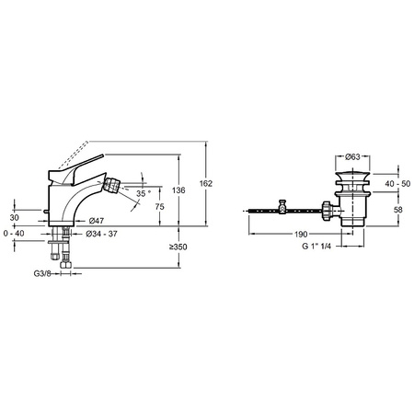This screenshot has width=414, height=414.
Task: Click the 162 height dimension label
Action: [x=206, y=183]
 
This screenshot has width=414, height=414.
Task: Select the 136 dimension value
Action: [x=178, y=190]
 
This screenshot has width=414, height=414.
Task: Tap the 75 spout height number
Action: [x=159, y=207]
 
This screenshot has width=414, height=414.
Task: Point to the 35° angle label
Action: [x=144, y=193]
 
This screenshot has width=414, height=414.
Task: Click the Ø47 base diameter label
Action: [x=97, y=221]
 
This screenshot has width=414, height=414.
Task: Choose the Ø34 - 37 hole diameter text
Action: [x=101, y=234]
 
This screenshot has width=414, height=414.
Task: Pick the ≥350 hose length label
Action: [x=178, y=247]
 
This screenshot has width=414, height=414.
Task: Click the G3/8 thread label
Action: [x=42, y=273]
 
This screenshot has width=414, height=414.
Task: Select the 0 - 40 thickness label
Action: [x=14, y=234]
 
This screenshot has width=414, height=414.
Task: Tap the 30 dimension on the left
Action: [x=14, y=218]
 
